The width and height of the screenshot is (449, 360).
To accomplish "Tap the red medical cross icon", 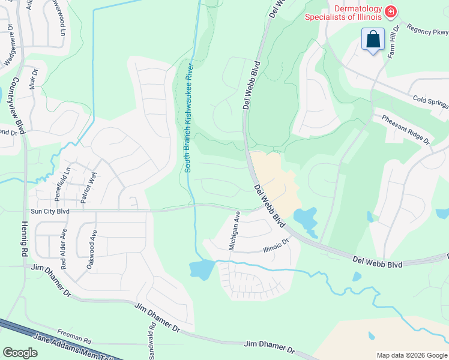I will point(390,11).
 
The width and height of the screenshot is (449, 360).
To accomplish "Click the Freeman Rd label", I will point(74,331).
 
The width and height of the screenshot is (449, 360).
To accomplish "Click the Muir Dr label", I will point(33,79).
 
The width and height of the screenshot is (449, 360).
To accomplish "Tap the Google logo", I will point(20,353).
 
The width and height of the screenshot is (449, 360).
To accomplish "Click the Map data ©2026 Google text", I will point(411,355).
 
